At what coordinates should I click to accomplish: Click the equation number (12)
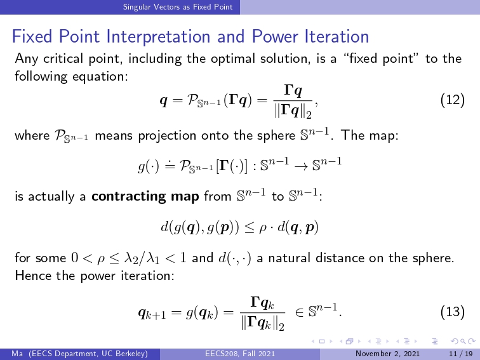coord(453,100)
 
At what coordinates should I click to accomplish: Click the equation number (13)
coord(453,312)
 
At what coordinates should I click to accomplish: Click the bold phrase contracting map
coord(145,196)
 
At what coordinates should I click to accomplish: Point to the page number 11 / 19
coord(460,354)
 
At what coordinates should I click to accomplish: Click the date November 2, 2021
coord(387,354)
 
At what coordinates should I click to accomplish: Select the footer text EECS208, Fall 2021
coord(240,354)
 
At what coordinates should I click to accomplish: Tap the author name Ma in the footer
coord(17,354)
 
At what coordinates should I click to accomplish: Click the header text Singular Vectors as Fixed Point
coord(178,7)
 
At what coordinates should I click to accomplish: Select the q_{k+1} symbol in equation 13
coord(152,313)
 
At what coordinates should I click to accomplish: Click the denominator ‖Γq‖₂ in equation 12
coord(293,112)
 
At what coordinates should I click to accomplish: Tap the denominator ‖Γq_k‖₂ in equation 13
coord(263,324)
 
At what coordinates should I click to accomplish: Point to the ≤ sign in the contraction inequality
coord(249,228)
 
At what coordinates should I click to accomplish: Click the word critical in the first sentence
coord(63,58)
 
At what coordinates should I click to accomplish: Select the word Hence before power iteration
coord(32,276)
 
